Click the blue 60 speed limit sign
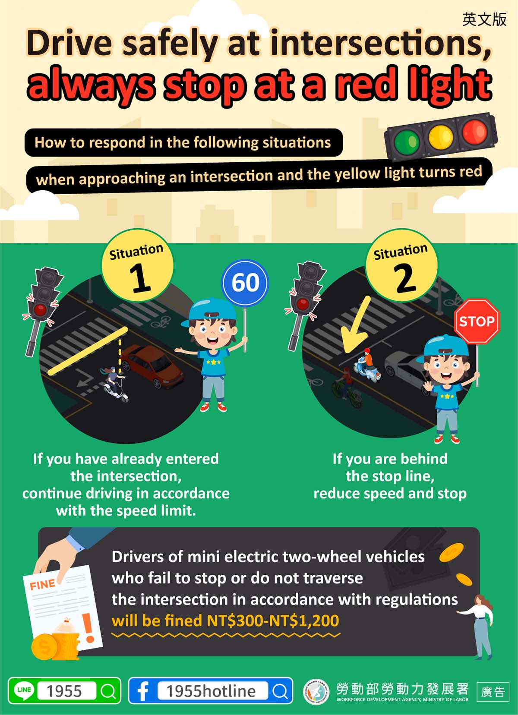(x=245, y=283)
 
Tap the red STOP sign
(x=477, y=321)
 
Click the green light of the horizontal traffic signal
(x=407, y=142)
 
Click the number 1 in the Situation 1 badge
(x=139, y=278)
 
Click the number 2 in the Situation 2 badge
(x=405, y=278)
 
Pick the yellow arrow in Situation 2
(x=354, y=326)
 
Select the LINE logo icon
(x=24, y=690)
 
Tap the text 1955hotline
(x=211, y=691)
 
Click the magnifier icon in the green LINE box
(x=108, y=691)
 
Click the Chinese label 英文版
(x=484, y=19)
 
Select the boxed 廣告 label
(x=493, y=692)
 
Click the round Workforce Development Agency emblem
(x=316, y=691)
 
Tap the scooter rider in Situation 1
(x=115, y=383)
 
